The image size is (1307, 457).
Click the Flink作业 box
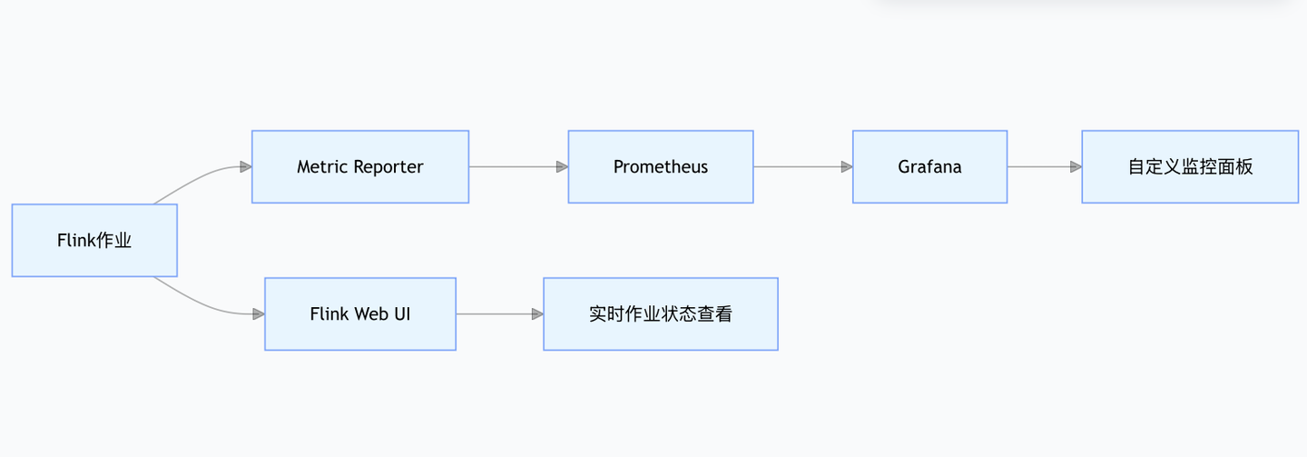tap(94, 240)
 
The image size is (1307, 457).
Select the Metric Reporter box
tap(360, 166)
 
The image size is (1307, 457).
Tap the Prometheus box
tap(661, 166)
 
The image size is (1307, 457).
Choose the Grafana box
tap(929, 166)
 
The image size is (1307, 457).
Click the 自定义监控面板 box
tap(1190, 166)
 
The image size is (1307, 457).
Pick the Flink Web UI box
tap(360, 313)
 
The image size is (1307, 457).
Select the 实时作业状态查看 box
tap(661, 313)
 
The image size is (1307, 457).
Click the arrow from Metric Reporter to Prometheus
tap(518, 167)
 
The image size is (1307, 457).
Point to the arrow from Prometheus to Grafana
tap(803, 167)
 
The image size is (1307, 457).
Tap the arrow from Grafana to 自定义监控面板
tap(1045, 167)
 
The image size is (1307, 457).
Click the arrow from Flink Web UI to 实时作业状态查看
tap(499, 314)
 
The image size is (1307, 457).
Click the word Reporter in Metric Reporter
tap(388, 167)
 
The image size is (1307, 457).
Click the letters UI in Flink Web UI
tap(403, 313)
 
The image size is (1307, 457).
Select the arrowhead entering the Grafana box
tap(847, 167)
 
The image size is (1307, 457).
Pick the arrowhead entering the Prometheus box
tap(563, 167)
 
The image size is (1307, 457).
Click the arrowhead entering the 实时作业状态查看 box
tap(538, 314)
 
